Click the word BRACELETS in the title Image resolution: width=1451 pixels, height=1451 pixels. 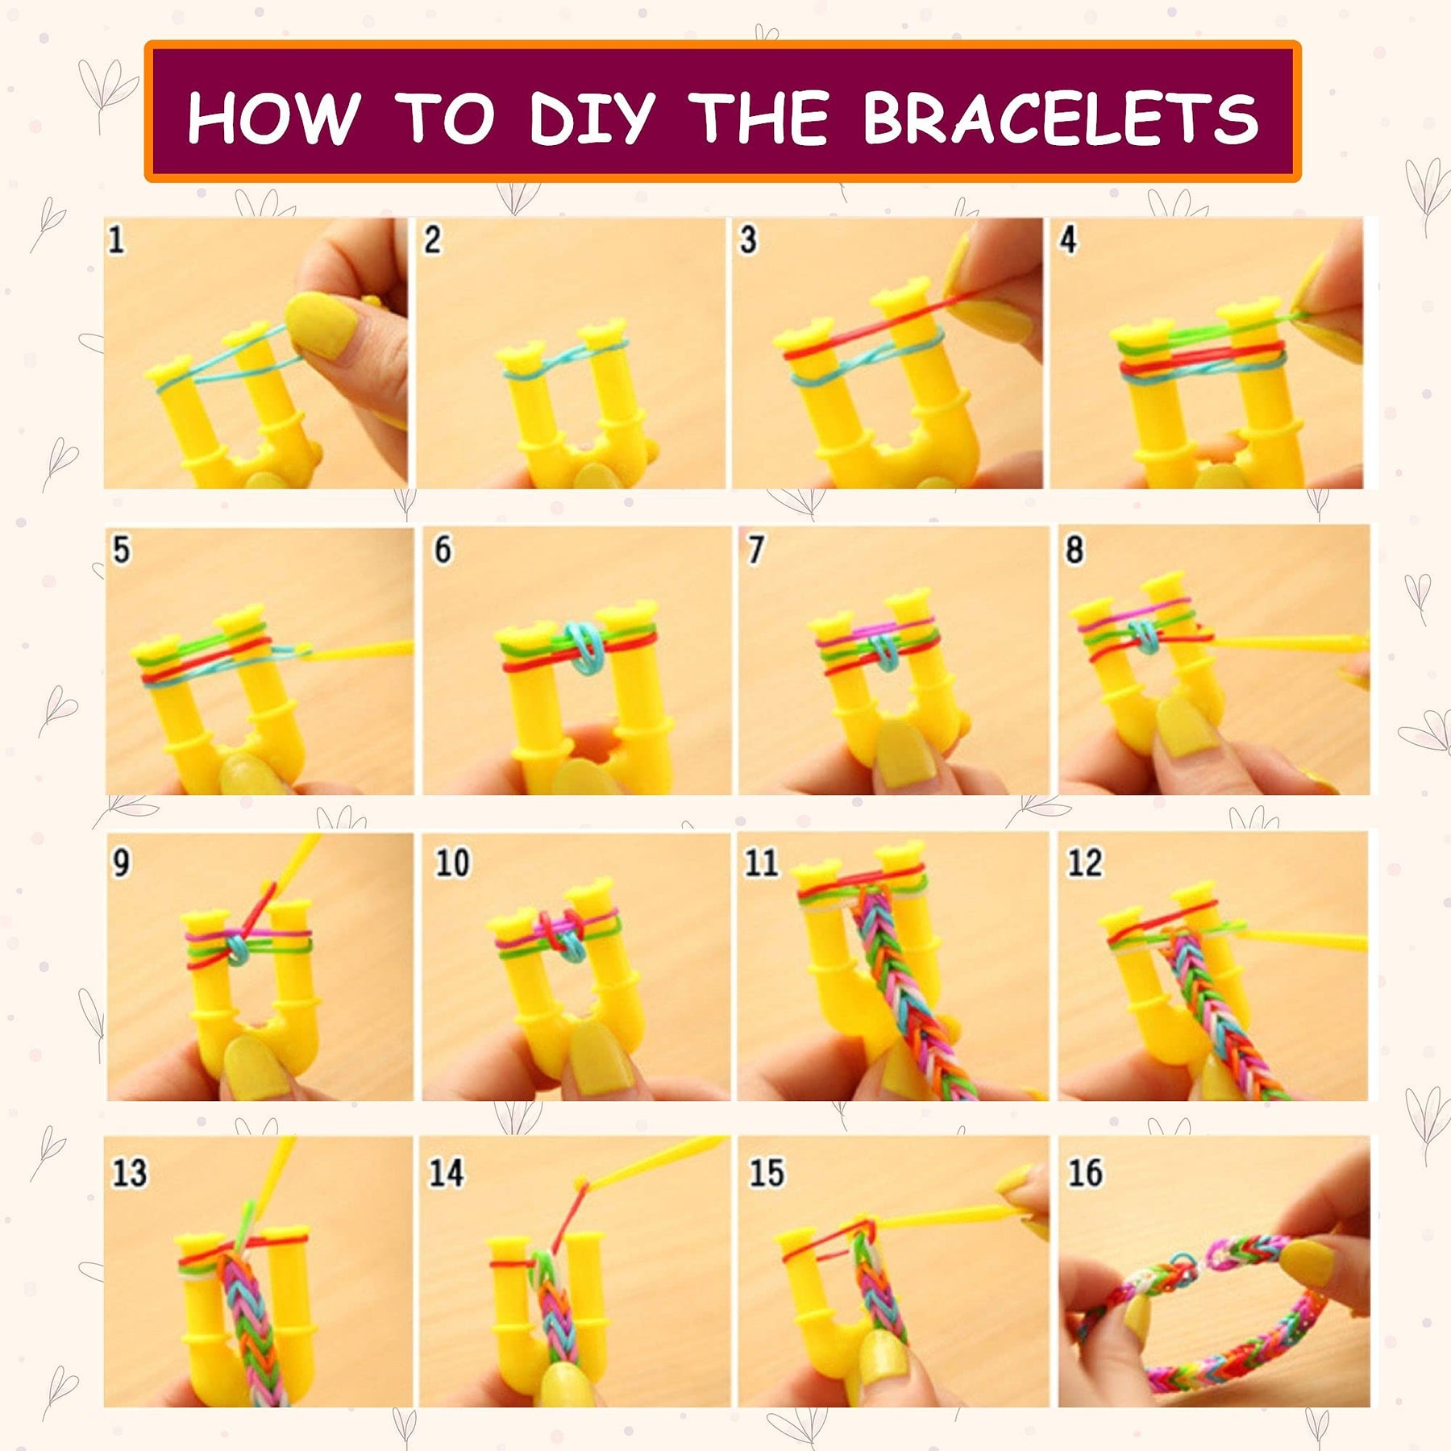coord(1061,118)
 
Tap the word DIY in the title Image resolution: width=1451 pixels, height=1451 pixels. coord(592,118)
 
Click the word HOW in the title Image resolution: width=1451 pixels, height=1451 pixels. coord(273,118)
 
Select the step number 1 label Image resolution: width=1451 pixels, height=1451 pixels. coord(116,239)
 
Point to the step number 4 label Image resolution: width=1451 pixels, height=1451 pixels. coord(1068,239)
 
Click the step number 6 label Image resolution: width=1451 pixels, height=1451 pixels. coord(443,550)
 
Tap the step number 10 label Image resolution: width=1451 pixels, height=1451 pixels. coord(452,863)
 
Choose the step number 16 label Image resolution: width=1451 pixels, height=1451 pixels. coord(1085,1172)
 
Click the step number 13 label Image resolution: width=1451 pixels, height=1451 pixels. coord(129,1172)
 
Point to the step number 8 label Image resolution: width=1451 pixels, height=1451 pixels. coord(1075,550)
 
